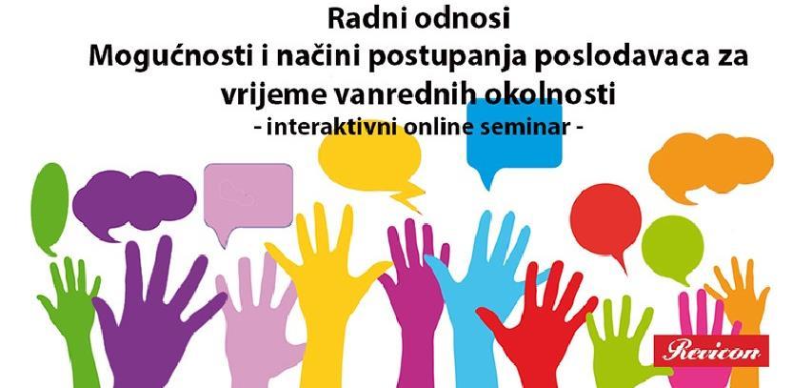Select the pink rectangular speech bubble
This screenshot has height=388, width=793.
pos(248,196)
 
